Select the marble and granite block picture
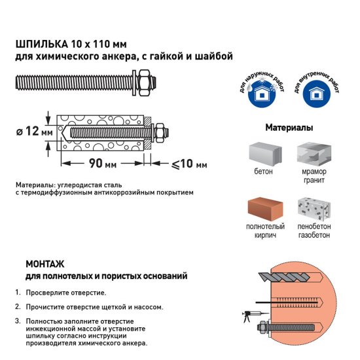[314, 154]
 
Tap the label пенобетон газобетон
[314, 230]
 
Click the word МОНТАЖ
[45, 264]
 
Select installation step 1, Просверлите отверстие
[65, 293]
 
